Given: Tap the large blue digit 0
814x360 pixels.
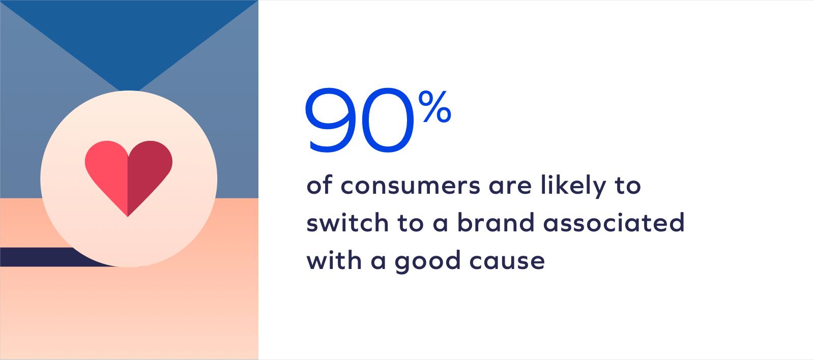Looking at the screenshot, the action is tap(388, 120).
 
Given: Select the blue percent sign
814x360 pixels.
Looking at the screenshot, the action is tap(434, 107).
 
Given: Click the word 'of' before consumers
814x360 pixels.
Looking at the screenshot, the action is tap(319, 185).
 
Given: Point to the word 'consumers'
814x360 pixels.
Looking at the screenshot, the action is tap(410, 186).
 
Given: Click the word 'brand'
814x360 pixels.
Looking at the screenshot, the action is tap(496, 222).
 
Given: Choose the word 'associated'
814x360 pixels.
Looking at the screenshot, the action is tap(614, 222).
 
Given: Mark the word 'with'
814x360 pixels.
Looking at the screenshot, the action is tap(334, 260).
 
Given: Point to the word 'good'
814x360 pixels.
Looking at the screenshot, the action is tap(428, 262).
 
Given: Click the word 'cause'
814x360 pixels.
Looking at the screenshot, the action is tap(507, 261).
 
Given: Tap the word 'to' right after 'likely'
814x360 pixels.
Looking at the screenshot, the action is tap(628, 186).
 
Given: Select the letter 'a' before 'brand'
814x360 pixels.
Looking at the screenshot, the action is tap(440, 223).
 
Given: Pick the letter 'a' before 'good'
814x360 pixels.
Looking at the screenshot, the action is tap(379, 261).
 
